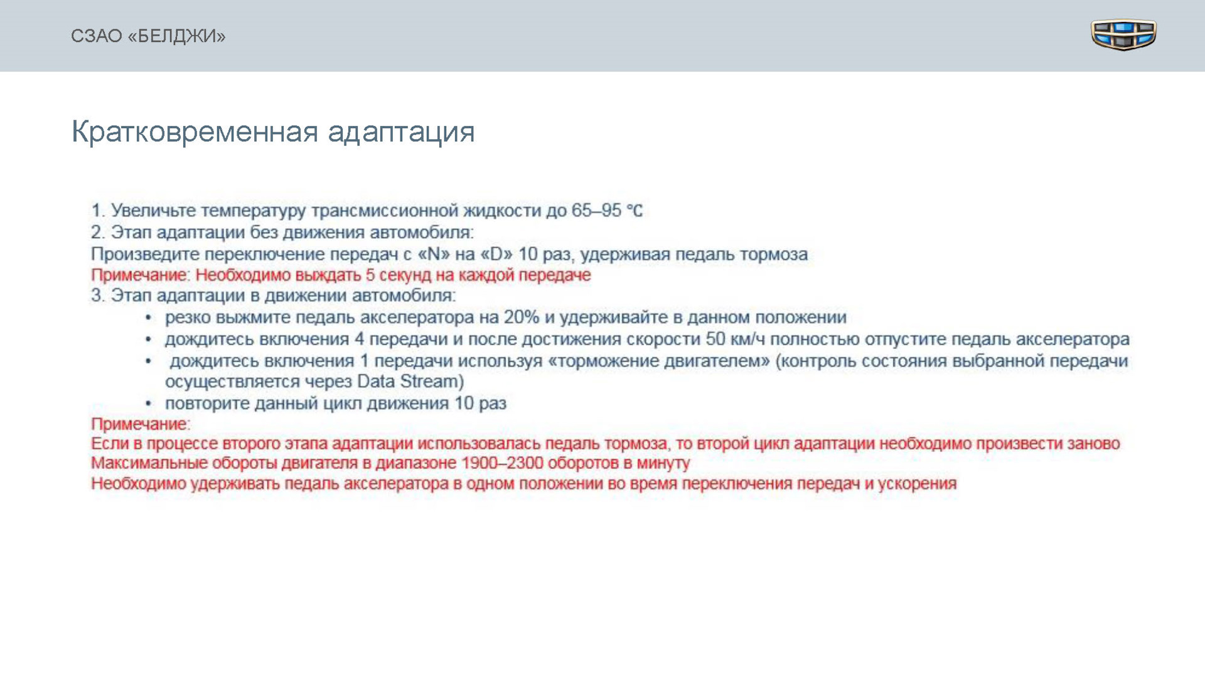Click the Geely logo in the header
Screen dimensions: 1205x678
[x=1123, y=35]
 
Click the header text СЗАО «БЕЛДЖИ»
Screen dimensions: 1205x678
[x=148, y=36]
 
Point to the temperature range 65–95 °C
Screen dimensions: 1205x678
[x=607, y=210]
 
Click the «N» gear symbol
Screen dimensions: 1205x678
[x=434, y=254]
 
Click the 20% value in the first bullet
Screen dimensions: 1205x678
[x=521, y=317]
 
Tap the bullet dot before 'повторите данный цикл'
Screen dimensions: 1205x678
[x=149, y=404]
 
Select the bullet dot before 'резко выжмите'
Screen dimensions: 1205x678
[x=149, y=318]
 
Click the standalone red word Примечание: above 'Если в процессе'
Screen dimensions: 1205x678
[x=141, y=424]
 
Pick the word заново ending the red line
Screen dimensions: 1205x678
[x=1093, y=444]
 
